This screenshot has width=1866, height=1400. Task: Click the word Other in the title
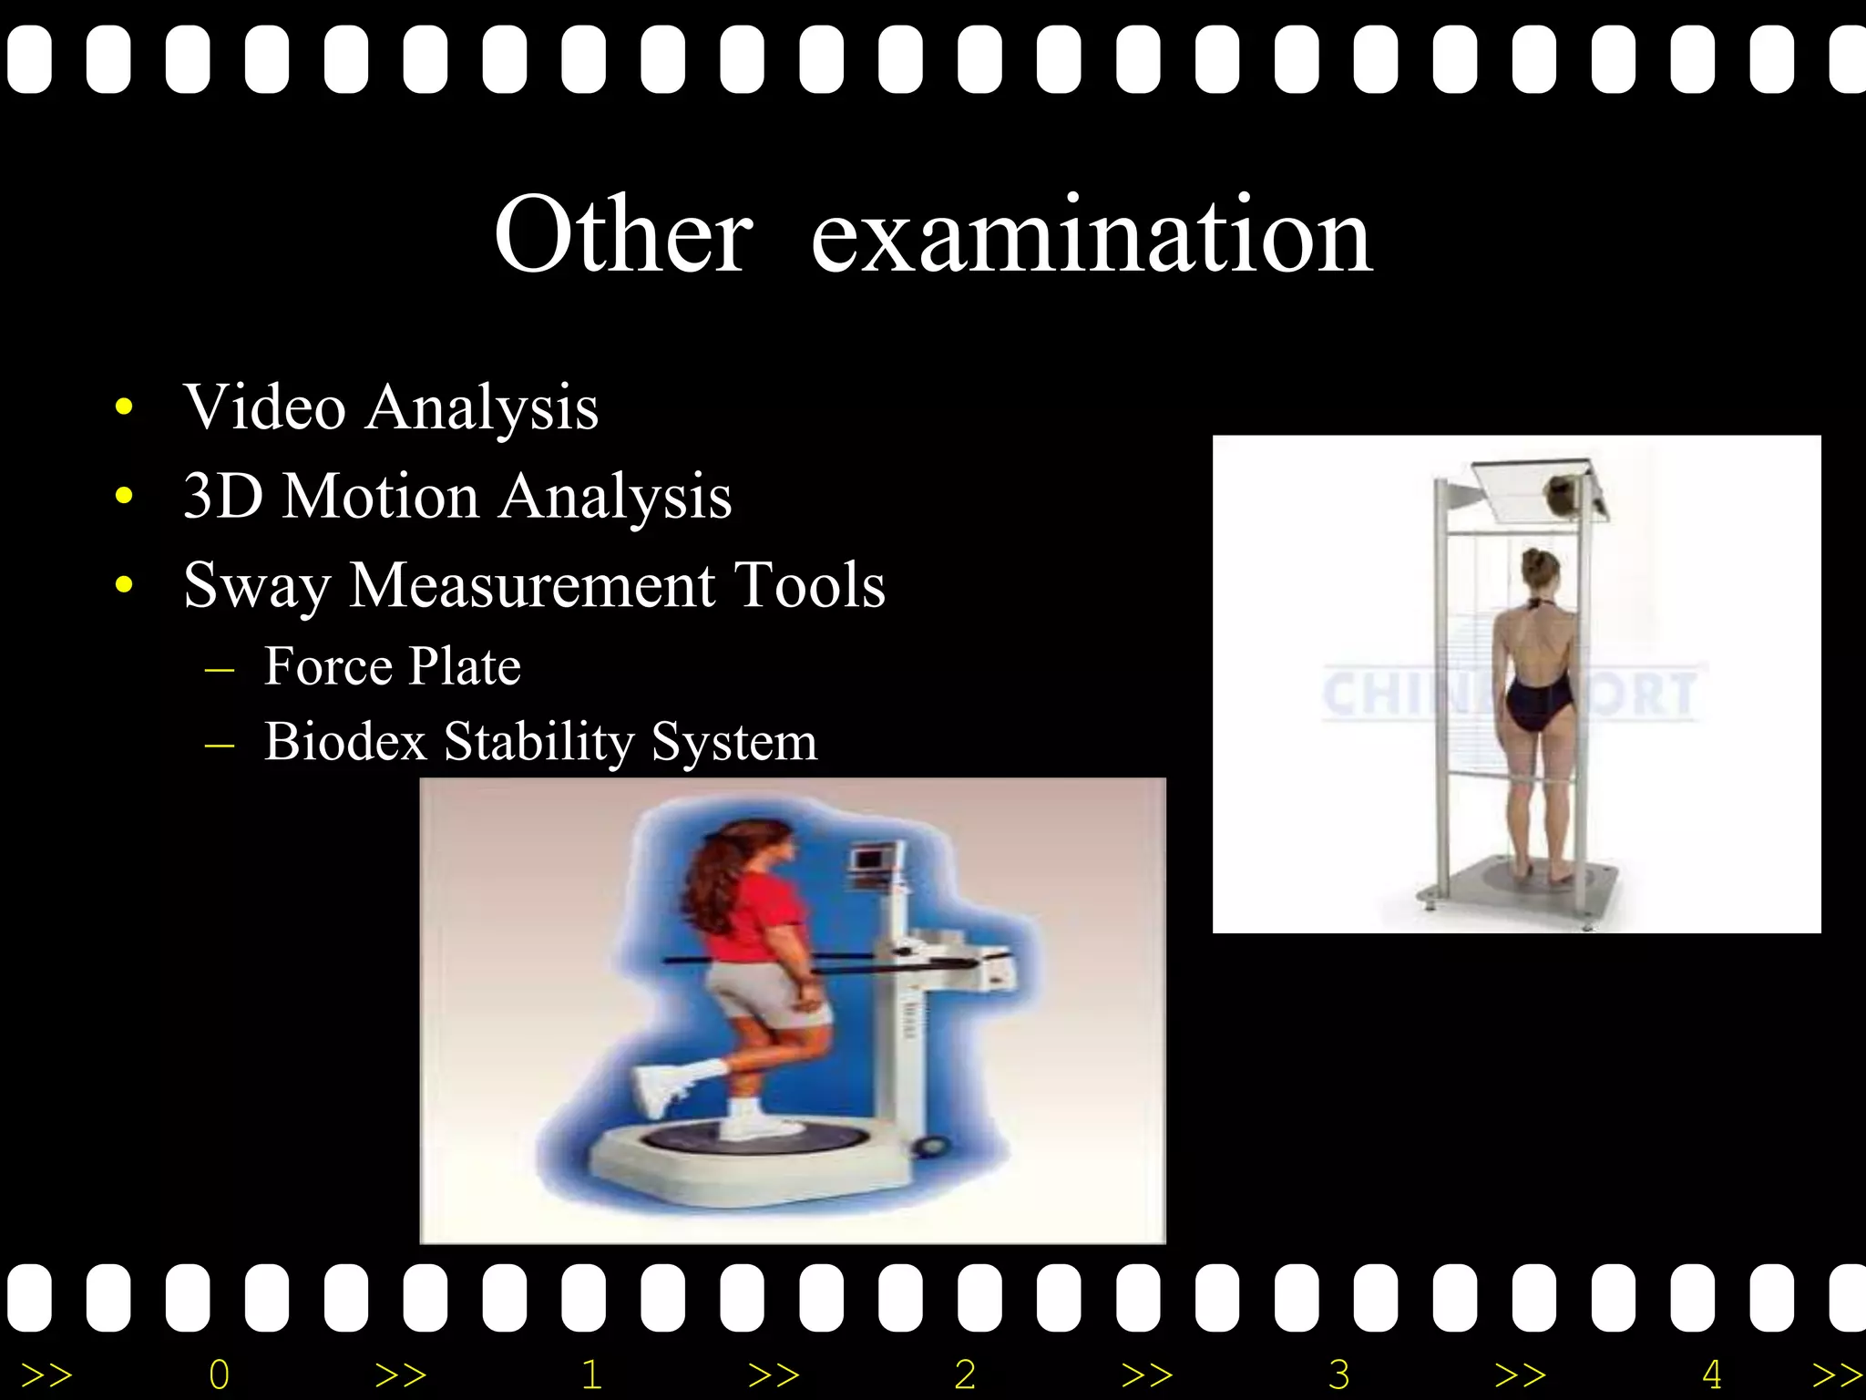(623, 235)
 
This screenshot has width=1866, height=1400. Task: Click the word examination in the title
(1092, 235)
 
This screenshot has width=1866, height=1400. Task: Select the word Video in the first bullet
(264, 407)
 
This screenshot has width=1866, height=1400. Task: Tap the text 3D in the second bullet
(222, 496)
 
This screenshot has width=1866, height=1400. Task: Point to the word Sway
(257, 585)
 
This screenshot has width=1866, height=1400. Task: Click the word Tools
(809, 584)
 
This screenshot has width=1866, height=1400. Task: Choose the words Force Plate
(392, 665)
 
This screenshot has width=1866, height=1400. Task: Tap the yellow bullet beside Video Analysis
(125, 407)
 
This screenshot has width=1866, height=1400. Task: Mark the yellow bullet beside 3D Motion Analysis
(125, 496)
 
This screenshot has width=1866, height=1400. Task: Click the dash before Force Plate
(220, 668)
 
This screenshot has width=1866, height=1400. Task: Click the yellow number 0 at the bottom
(220, 1374)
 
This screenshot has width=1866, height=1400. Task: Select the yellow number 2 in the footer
(965, 1374)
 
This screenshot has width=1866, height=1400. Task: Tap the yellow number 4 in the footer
(1711, 1374)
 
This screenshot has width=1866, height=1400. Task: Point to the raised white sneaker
(661, 1089)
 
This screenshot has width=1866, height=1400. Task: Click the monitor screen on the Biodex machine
(866, 860)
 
